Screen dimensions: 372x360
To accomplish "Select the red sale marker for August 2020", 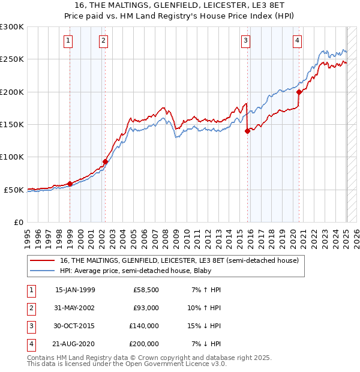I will [298, 92].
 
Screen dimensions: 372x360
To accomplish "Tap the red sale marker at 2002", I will [105, 161].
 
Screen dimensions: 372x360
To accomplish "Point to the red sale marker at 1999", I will [70, 184].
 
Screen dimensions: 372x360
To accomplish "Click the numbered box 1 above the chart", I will [68, 41].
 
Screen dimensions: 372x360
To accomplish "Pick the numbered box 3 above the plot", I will [246, 41].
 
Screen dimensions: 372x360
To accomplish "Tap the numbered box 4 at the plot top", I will [298, 41].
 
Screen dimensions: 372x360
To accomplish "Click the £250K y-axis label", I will [12, 59].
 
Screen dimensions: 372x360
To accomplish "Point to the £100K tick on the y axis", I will [12, 157].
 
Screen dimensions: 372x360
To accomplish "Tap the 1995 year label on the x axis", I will [28, 235].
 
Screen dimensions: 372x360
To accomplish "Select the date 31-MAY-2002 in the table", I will [75, 308].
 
